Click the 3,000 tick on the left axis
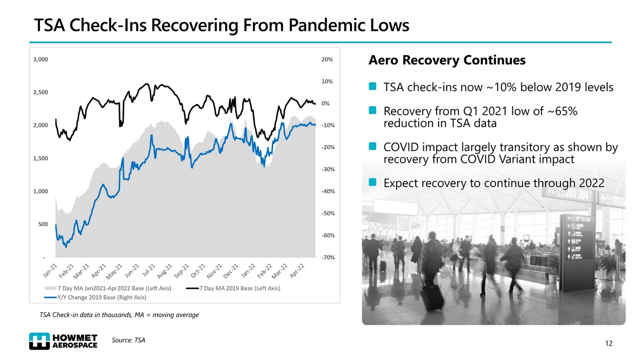pos(40,60)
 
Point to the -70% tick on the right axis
pos(327,257)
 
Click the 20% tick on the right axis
pos(327,60)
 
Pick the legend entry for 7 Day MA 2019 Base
pos(233,288)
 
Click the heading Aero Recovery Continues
pos(447,60)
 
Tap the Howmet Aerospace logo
pos(63,340)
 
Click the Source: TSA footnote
pos(129,340)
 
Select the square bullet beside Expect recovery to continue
pos(373,182)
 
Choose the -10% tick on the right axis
pos(327,125)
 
